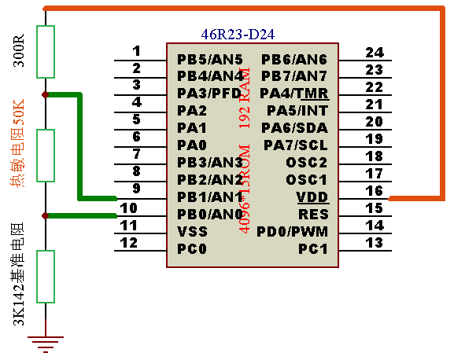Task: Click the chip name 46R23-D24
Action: [238, 35]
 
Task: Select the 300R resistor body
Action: [46, 52]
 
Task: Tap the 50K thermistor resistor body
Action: [46, 156]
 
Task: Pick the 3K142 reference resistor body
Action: [46, 277]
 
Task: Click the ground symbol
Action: [46, 344]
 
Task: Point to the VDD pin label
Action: [312, 197]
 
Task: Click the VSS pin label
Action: [193, 232]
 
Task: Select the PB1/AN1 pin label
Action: [210, 197]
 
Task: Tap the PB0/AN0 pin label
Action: [210, 215]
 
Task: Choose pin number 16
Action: [375, 191]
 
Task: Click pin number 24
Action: [375, 53]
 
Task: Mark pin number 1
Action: [137, 51]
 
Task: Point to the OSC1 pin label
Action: [307, 180]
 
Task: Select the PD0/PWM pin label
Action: [293, 232]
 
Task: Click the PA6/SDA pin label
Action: [294, 128]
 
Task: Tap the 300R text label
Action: [19, 50]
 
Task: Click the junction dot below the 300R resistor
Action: [45, 94]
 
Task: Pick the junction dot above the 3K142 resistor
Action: [45, 215]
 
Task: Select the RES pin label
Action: [314, 215]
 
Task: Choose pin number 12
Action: [129, 243]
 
